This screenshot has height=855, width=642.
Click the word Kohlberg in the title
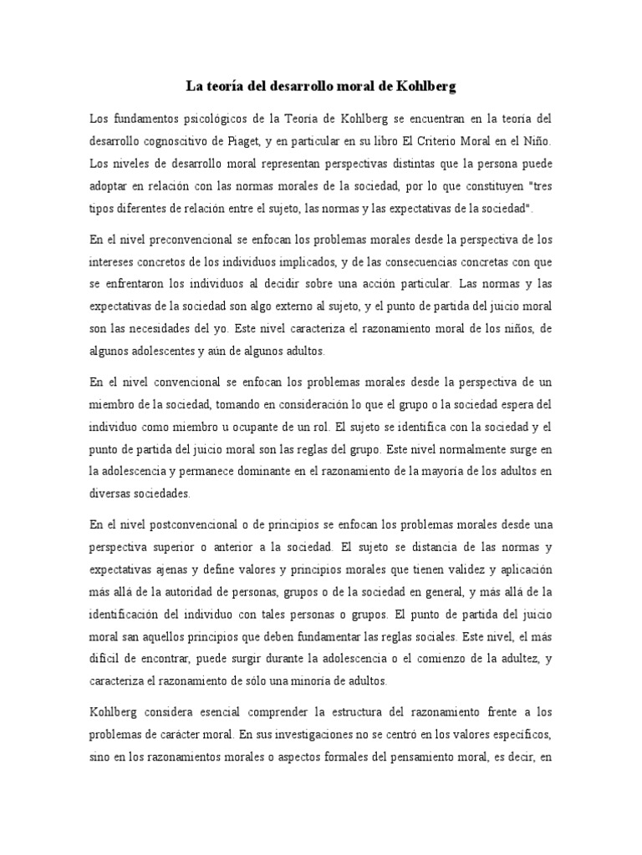[425, 85]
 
